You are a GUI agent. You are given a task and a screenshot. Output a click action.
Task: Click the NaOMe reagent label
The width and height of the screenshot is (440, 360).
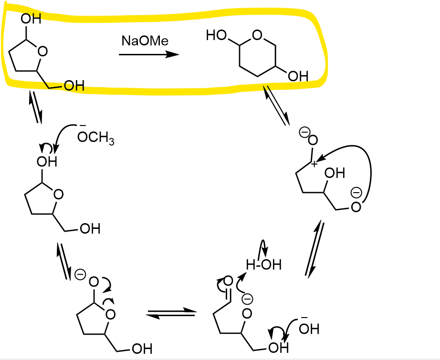145,41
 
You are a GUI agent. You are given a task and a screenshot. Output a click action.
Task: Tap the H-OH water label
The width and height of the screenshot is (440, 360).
264,264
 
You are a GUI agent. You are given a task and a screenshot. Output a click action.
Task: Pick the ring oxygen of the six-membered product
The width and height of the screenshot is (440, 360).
257,35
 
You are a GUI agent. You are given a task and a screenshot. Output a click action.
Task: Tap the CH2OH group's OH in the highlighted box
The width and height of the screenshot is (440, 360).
73,86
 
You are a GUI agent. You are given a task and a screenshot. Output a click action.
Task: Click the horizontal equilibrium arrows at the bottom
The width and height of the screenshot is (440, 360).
171,313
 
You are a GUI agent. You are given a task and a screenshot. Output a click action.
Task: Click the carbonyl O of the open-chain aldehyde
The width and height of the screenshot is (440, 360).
229,281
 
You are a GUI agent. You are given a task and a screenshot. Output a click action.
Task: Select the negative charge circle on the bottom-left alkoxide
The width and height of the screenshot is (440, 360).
81,275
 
